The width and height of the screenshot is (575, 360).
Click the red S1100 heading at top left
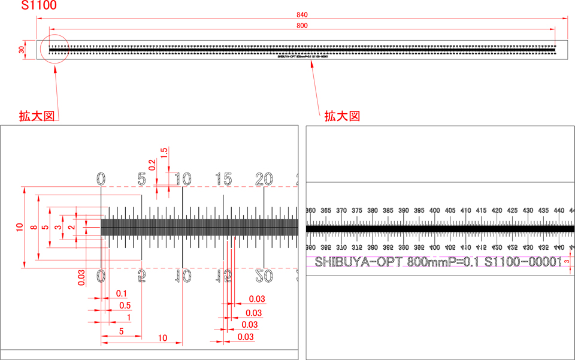[39, 7]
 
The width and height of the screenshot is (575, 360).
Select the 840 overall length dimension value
[302, 14]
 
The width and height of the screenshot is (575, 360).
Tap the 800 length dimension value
[302, 25]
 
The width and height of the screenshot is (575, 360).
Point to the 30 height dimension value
[21, 50]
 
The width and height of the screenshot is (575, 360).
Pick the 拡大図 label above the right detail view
[342, 116]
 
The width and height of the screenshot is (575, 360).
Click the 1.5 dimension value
[164, 153]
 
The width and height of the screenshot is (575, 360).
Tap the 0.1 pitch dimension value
[122, 294]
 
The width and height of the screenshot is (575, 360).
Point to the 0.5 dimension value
[125, 305]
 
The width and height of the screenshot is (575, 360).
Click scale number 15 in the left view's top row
[224, 179]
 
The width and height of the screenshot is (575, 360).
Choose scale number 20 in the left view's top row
[264, 179]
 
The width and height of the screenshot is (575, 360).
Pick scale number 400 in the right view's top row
[434, 211]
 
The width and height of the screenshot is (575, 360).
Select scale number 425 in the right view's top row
[497, 211]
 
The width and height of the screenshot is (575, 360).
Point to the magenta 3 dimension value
[567, 262]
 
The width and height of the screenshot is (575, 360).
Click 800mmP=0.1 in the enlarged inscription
[444, 262]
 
